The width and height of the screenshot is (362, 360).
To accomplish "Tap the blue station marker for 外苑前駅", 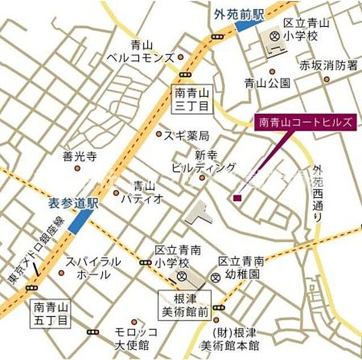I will point(249,24).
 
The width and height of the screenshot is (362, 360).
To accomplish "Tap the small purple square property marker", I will point(238,198).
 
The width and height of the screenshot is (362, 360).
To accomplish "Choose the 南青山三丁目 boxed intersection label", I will point(192,99).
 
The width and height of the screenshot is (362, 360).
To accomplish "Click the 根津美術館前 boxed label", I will point(185,305).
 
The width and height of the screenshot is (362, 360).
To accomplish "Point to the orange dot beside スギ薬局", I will point(159,134).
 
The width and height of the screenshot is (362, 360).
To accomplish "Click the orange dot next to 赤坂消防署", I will point(326,78).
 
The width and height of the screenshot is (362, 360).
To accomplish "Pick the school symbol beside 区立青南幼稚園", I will point(216,277).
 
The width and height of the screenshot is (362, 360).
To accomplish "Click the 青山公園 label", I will point(267,83).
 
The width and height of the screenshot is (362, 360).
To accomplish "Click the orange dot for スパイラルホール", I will point(61,274).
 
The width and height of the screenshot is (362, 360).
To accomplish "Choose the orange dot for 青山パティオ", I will point(116,193).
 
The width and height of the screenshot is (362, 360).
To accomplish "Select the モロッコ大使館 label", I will point(137,338).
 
